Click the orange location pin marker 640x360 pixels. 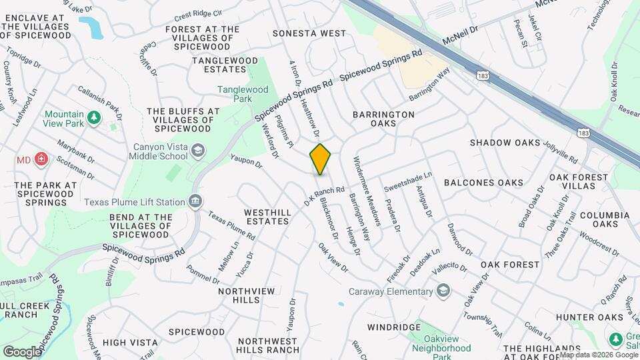321,159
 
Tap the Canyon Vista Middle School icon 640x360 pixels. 198,151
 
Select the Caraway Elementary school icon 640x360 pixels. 443,291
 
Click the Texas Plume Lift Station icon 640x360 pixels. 195,201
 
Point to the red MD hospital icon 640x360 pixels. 41,159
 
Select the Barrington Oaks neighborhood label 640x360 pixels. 383,119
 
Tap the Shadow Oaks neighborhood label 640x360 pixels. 505,143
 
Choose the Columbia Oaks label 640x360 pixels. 604,220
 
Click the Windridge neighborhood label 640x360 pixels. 393,327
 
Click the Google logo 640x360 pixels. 22,351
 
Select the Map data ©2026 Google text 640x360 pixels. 598,355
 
